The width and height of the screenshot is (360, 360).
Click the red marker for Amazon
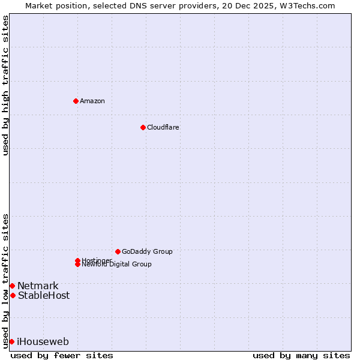[76, 101]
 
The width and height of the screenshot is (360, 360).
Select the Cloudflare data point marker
[143, 127]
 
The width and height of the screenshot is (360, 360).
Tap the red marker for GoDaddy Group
[118, 251]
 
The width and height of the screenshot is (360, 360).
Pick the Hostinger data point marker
[77, 260]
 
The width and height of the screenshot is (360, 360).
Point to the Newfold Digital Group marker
[77, 264]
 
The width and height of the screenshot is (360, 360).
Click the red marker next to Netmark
[12, 286]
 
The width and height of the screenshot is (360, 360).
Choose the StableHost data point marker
[13, 295]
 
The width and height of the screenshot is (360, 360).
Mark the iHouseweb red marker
[11, 341]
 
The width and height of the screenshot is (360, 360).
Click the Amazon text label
[92, 101]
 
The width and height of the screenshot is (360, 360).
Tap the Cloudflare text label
[163, 127]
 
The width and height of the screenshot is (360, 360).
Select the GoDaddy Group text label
[147, 251]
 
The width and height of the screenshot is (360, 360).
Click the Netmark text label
[38, 286]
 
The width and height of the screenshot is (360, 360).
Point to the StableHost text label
[43, 295]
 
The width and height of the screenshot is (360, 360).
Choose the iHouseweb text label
[43, 342]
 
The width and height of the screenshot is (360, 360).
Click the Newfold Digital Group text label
[116, 265]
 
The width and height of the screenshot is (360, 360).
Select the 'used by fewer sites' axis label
[62, 355]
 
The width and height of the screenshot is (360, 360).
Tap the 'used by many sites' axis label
[301, 355]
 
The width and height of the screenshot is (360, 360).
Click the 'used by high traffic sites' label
[6, 85]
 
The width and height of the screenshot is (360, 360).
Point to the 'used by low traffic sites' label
[6, 280]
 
